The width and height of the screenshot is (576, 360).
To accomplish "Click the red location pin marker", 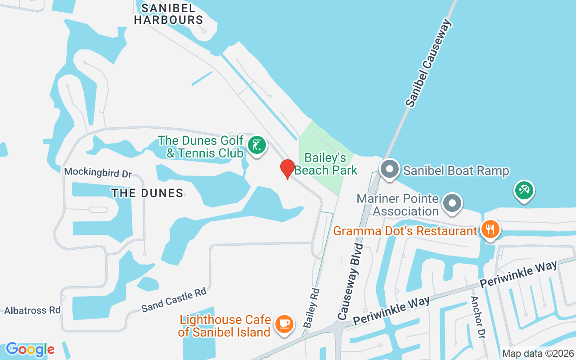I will click(288, 169).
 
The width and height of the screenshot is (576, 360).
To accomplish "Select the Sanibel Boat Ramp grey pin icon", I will click(390, 170).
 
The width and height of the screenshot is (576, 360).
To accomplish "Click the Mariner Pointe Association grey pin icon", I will click(452, 203).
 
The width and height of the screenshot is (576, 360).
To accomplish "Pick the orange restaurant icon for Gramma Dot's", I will click(490, 229).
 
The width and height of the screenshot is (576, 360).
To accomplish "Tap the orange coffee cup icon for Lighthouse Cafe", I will click(284, 324).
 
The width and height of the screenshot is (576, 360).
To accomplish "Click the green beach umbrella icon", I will click(524, 190).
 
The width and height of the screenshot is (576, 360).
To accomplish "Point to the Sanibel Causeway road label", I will click(428, 63).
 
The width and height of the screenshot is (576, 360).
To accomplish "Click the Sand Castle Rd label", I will click(174, 300).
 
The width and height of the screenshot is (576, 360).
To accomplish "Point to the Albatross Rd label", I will click(32, 310).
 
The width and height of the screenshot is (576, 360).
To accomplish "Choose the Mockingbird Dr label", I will click(98, 171).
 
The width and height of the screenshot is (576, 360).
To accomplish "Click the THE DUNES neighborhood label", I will click(147, 193).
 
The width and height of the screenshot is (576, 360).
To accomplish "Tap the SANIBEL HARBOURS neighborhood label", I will click(169, 14).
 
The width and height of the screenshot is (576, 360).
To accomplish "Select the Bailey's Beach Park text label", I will click(326, 164).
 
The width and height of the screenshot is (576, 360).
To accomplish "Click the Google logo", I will click(30, 349).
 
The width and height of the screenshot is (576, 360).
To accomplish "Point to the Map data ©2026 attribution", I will click(538, 354).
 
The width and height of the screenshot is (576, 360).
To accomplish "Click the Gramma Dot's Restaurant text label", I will click(405, 231).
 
